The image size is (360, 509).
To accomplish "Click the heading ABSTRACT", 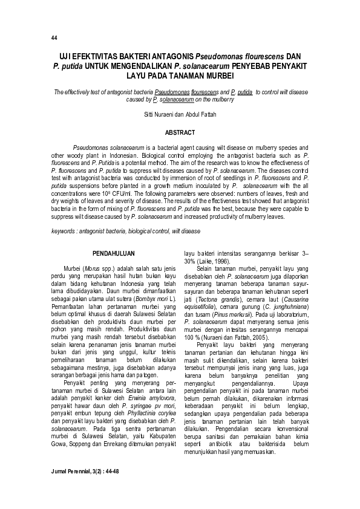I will pos(180,132).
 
